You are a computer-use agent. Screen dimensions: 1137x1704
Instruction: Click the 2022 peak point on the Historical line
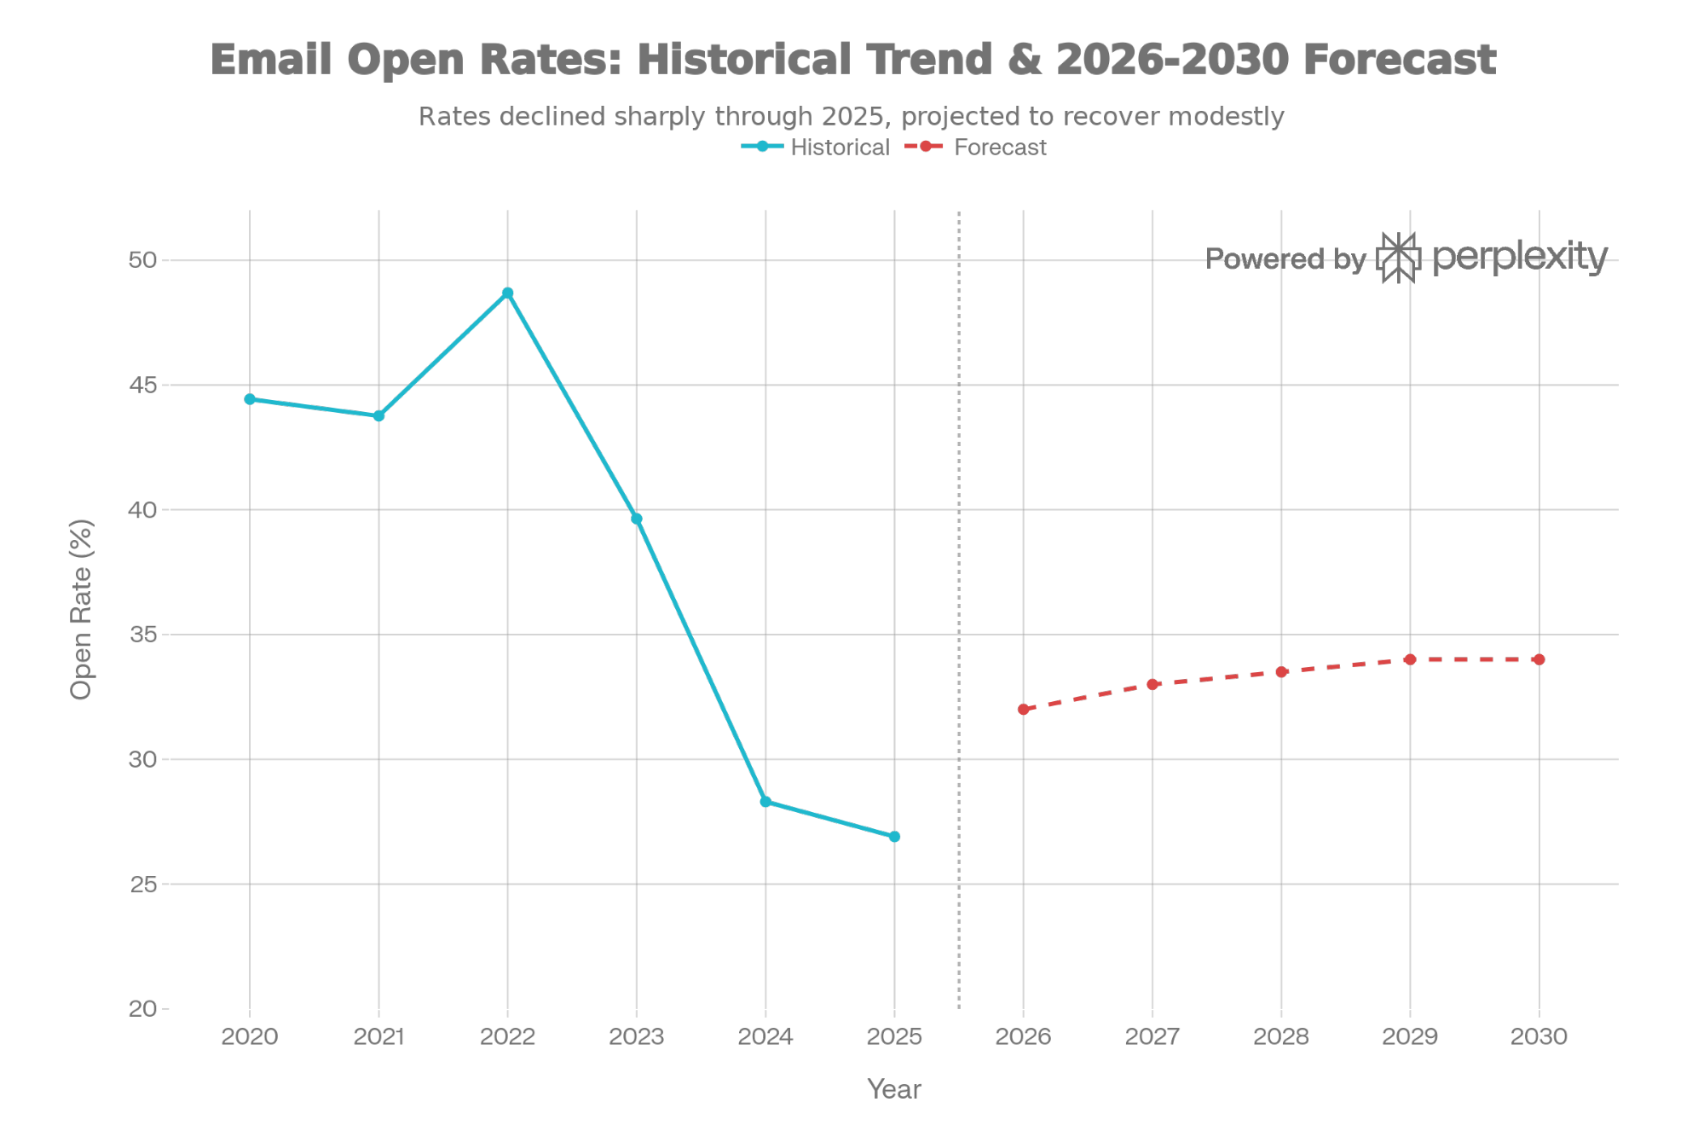pyautogui.click(x=507, y=293)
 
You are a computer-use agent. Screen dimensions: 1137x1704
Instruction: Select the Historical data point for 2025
pyautogui.click(x=894, y=837)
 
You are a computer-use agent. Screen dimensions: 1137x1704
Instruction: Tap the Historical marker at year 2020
pyautogui.click(x=250, y=399)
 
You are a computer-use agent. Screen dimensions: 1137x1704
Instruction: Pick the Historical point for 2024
pyautogui.click(x=765, y=802)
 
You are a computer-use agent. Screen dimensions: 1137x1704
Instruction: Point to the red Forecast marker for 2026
pyautogui.click(x=1023, y=710)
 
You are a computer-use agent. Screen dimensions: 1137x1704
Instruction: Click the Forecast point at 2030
pyautogui.click(x=1539, y=659)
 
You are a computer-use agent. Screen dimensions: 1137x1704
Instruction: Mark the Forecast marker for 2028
pyautogui.click(x=1281, y=672)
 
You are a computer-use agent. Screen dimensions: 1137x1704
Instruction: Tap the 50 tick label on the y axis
pyautogui.click(x=142, y=260)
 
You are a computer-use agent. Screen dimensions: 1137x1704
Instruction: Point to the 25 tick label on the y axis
pyautogui.click(x=142, y=885)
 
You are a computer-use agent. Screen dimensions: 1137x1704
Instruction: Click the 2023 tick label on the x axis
pyautogui.click(x=636, y=1036)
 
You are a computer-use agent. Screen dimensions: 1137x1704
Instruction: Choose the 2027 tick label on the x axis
pyautogui.click(x=1152, y=1036)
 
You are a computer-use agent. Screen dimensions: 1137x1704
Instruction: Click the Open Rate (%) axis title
pyautogui.click(x=81, y=609)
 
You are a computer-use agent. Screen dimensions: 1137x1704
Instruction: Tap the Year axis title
pyautogui.click(x=893, y=1089)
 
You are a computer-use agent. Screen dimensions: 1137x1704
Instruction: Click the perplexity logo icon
pyautogui.click(x=1398, y=258)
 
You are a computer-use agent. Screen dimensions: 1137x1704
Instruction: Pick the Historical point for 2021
pyautogui.click(x=378, y=416)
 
